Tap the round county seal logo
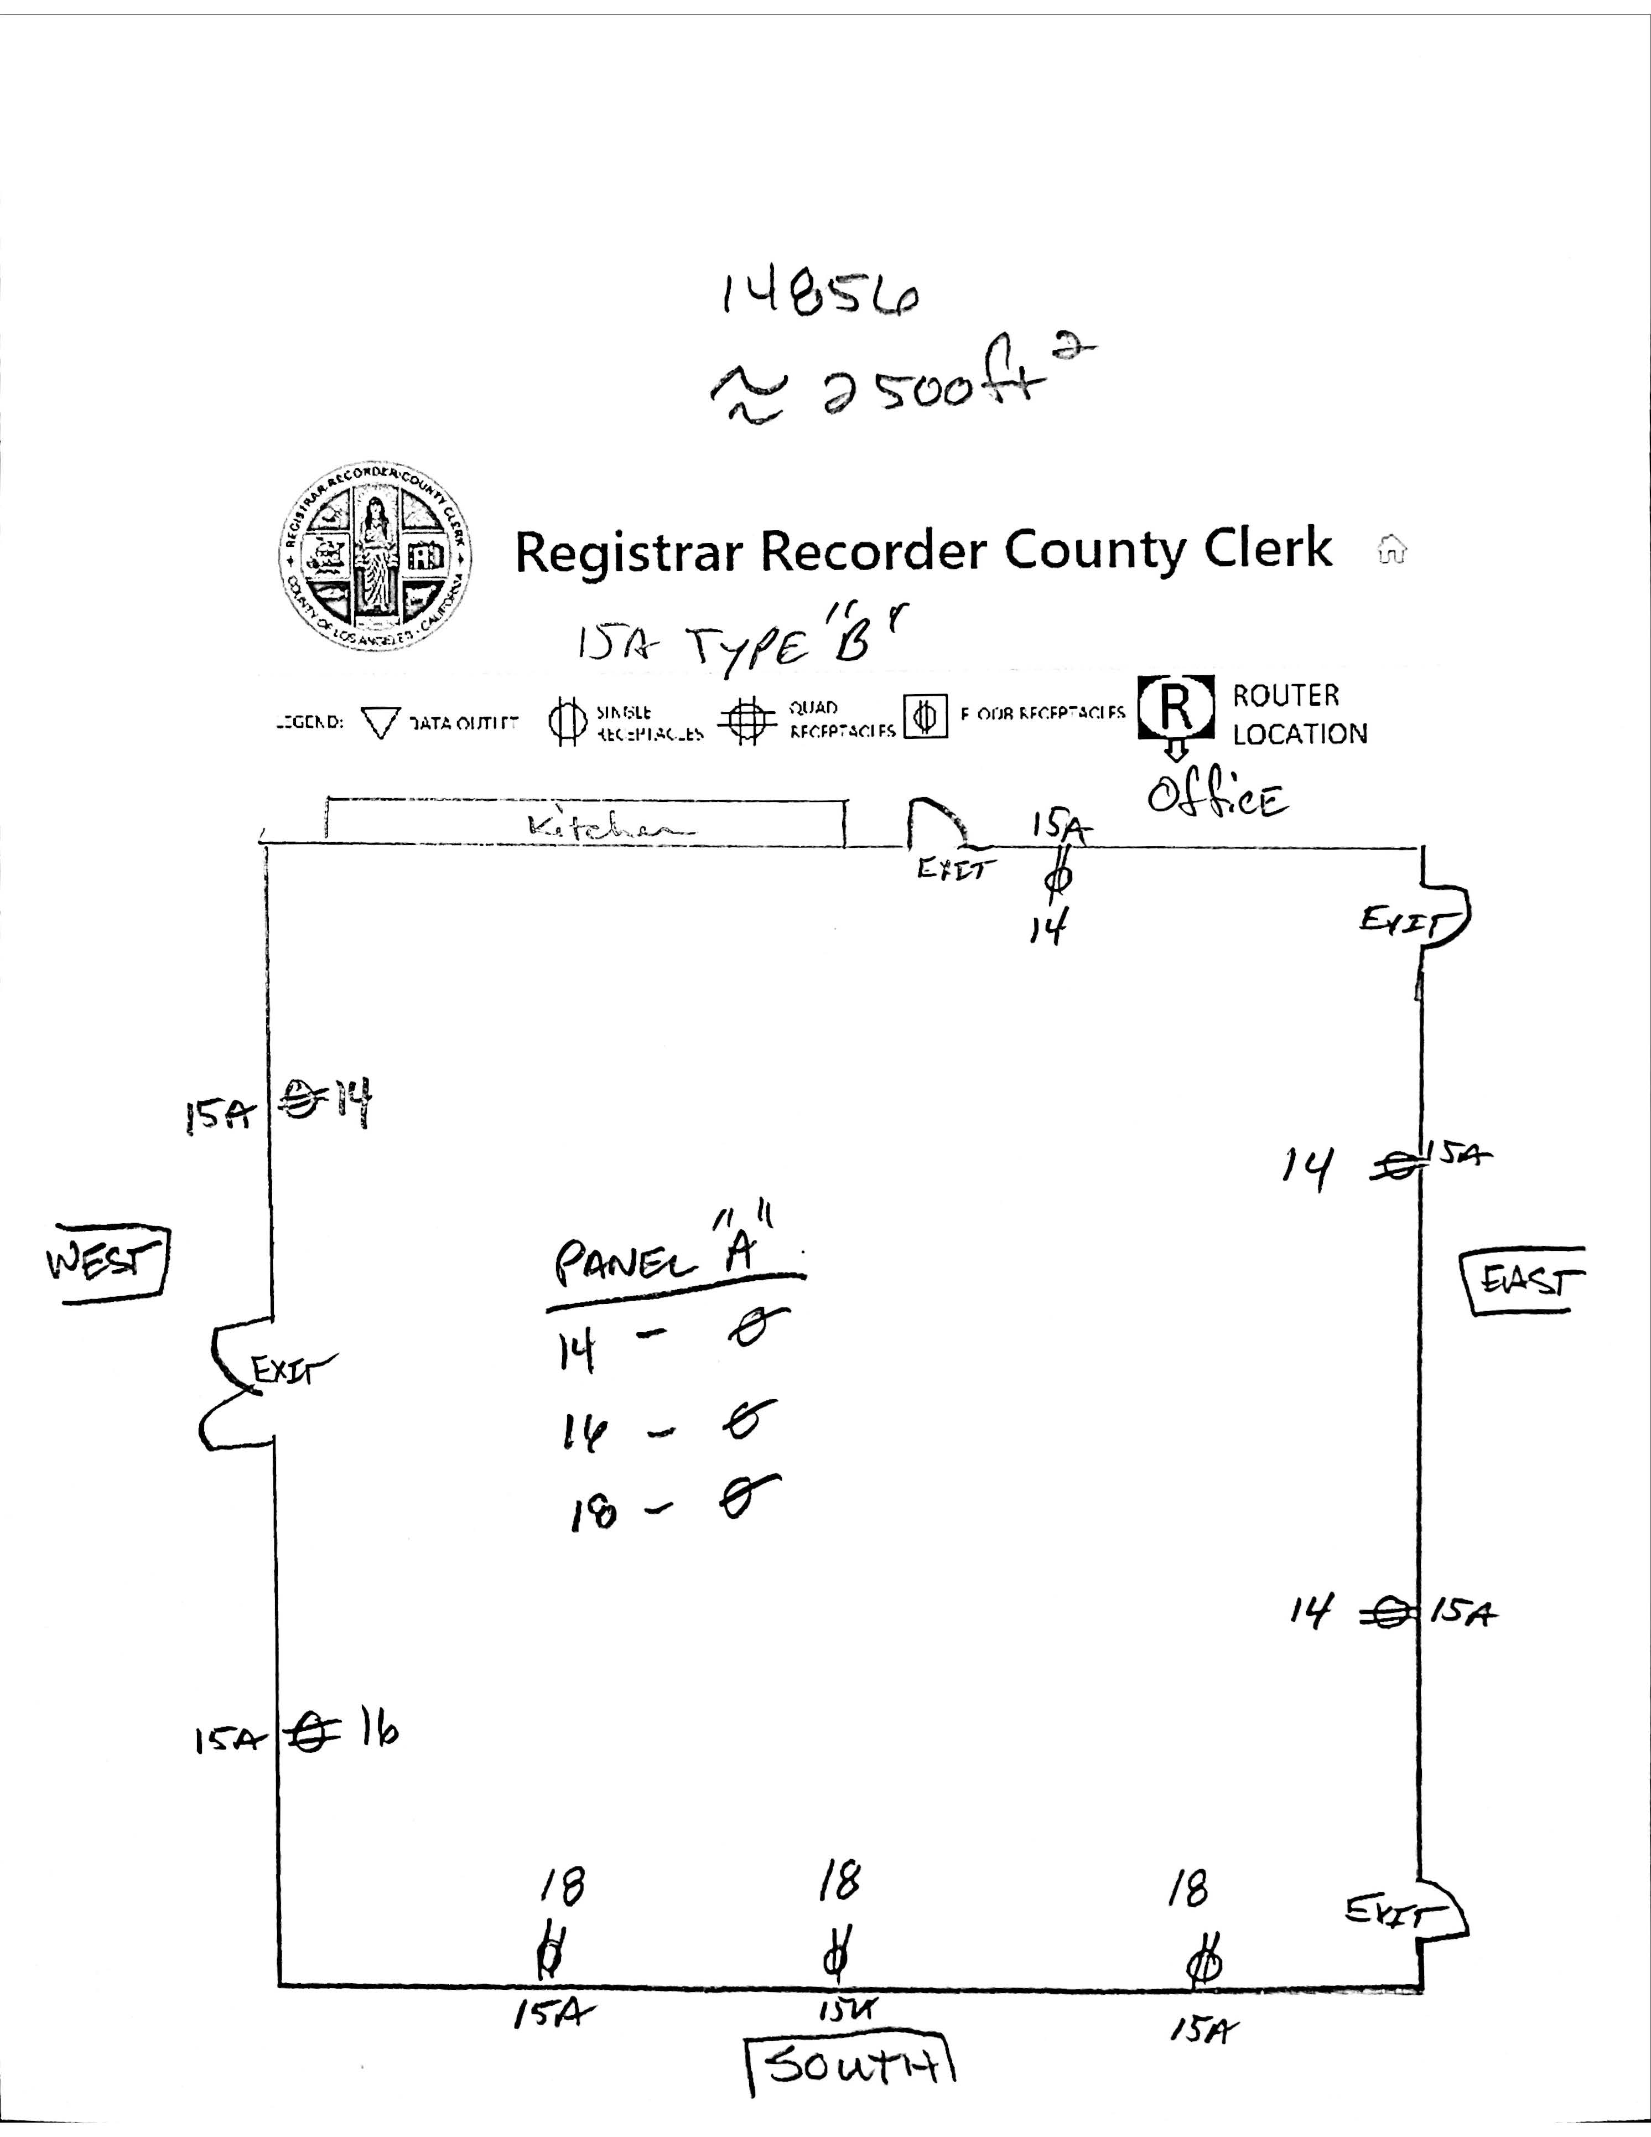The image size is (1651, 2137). (x=375, y=557)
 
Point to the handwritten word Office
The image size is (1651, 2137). (x=1218, y=798)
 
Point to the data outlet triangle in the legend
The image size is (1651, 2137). (x=381, y=723)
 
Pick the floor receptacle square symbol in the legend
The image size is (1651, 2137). (x=925, y=717)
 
